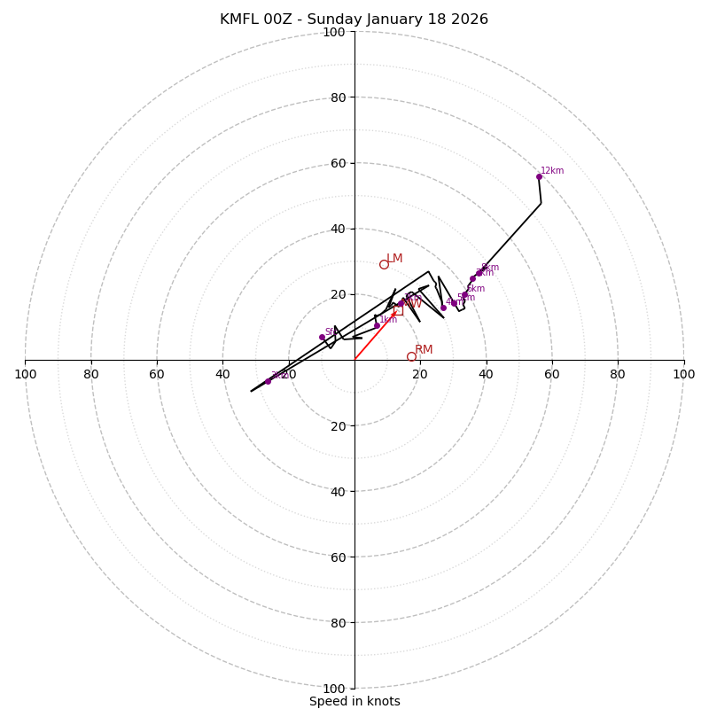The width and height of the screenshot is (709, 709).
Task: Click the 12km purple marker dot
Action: pyautogui.click(x=539, y=176)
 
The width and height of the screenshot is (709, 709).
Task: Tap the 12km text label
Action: pyautogui.click(x=552, y=171)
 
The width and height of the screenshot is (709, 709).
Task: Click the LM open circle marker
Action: pyautogui.click(x=384, y=264)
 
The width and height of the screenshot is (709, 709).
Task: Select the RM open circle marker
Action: pyautogui.click(x=411, y=356)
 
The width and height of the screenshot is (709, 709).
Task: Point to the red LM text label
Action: pyautogui.click(x=394, y=259)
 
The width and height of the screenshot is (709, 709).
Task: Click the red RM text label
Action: pyautogui.click(x=424, y=350)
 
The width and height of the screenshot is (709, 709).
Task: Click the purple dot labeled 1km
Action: pyautogui.click(x=377, y=325)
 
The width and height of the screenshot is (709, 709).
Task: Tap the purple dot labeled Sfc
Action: pyautogui.click(x=322, y=337)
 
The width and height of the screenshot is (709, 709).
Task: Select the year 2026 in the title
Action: pyautogui.click(x=469, y=19)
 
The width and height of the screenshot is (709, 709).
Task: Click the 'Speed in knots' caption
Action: pyautogui.click(x=354, y=701)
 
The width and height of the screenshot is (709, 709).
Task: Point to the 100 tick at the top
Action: pyautogui.click(x=334, y=32)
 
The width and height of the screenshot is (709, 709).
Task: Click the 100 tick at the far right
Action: pyautogui.click(x=684, y=374)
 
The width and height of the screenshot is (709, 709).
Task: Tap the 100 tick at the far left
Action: pyautogui.click(x=25, y=374)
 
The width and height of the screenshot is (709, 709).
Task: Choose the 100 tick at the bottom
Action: pyautogui.click(x=334, y=689)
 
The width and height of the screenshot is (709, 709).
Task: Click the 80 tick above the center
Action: pyautogui.click(x=337, y=97)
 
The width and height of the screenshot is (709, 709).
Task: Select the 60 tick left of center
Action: pyautogui.click(x=157, y=374)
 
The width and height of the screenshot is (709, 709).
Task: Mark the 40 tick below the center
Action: pyautogui.click(x=337, y=491)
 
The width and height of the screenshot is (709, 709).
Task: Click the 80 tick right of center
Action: pyautogui.click(x=618, y=374)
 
